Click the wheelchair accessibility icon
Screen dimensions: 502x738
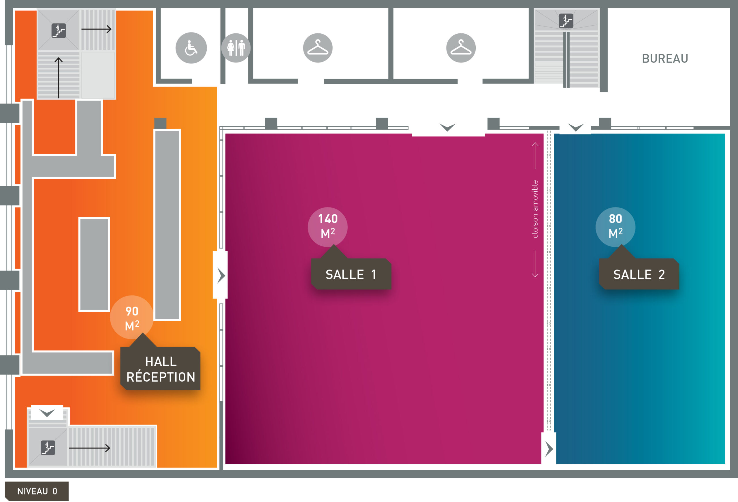(x=191, y=48)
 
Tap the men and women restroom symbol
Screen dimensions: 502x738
(x=236, y=48)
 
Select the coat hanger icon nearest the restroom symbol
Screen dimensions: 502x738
(x=318, y=48)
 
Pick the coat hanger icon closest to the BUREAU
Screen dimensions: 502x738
(x=461, y=48)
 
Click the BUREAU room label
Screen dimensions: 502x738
(x=665, y=59)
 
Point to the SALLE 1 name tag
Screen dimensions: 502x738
(x=351, y=274)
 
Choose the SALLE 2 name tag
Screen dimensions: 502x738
(x=639, y=274)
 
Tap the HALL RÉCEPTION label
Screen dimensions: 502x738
(x=161, y=369)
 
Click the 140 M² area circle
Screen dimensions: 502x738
(x=328, y=227)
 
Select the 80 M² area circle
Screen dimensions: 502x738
(x=615, y=227)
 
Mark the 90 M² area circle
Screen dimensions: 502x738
(x=132, y=318)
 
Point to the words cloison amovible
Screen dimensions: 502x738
(x=535, y=209)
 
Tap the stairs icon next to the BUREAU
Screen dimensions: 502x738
(x=566, y=21)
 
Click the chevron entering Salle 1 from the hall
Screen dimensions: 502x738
(x=221, y=275)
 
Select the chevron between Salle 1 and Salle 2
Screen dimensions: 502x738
(x=549, y=449)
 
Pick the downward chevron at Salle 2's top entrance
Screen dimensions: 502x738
(x=576, y=128)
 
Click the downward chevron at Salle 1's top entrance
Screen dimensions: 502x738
(x=447, y=128)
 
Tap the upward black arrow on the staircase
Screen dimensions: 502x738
(x=59, y=78)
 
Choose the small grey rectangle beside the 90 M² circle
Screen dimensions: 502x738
(x=94, y=265)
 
